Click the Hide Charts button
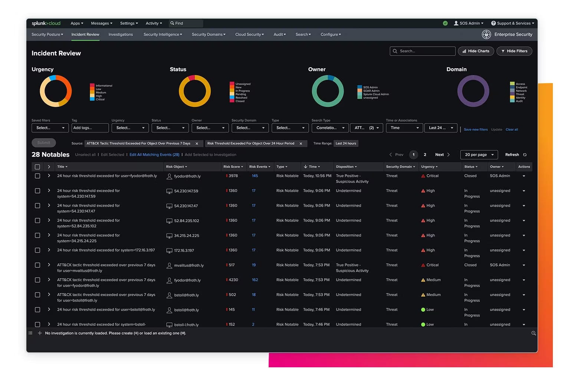tap(476, 51)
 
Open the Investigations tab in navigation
tap(121, 35)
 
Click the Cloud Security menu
tap(249, 35)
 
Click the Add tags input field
tap(90, 128)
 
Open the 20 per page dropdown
tap(479, 155)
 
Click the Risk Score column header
tap(233, 167)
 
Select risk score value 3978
tap(233, 176)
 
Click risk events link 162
tap(255, 280)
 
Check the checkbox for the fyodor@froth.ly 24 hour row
tap(37, 176)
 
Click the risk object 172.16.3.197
tap(184, 251)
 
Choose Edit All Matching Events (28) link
tap(154, 155)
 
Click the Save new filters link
tap(476, 129)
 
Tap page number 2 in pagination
tap(425, 155)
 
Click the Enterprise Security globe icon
tap(486, 35)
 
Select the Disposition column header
tap(346, 167)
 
